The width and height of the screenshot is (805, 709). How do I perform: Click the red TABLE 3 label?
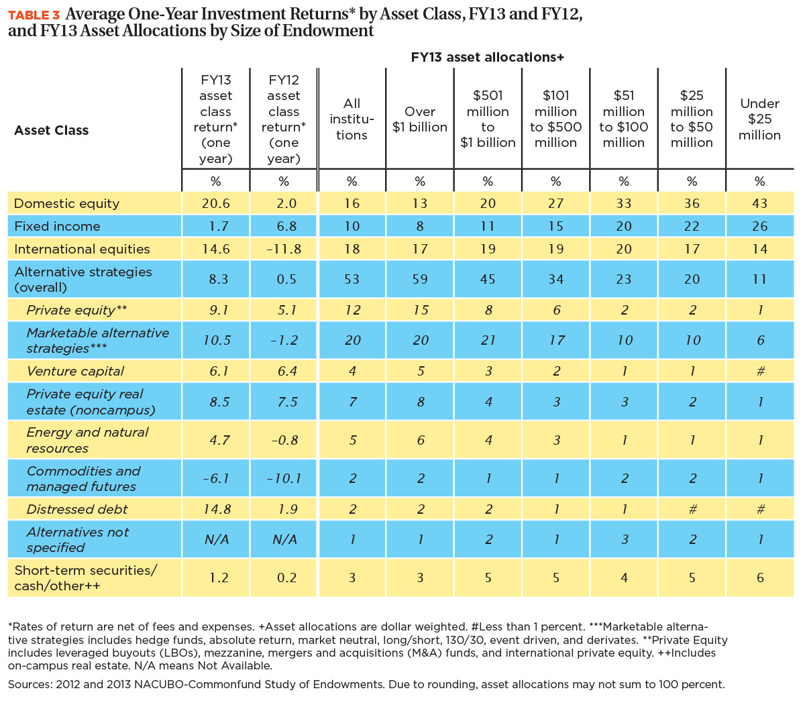tap(34, 15)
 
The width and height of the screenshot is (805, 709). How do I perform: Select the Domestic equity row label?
tap(66, 203)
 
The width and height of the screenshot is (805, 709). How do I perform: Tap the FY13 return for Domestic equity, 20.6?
tap(216, 203)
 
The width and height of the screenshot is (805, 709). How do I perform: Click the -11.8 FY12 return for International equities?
tap(284, 249)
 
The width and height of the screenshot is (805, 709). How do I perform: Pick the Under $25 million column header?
tap(759, 119)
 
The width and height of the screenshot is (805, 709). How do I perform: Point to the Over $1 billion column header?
tap(419, 119)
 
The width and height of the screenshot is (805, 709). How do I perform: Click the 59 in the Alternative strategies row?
tap(419, 279)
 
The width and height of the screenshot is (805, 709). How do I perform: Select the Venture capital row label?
tap(75, 371)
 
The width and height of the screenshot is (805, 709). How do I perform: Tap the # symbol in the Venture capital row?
tap(761, 371)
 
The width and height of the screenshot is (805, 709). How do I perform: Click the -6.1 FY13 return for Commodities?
tap(216, 478)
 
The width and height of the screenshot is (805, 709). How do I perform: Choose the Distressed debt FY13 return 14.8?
tap(217, 509)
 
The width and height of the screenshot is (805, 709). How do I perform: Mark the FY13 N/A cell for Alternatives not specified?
tap(217, 539)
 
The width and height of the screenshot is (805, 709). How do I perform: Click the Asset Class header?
tap(51, 130)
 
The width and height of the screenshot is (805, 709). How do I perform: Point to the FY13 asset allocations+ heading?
tap(487, 57)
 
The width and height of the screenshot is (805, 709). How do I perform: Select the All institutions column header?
tap(352, 119)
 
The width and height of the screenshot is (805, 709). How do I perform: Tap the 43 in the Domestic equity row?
tap(759, 203)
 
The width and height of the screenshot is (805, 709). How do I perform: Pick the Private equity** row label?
tap(76, 310)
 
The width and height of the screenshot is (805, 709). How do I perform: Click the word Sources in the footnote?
tap(29, 684)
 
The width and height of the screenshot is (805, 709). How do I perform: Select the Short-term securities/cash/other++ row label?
tap(85, 578)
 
